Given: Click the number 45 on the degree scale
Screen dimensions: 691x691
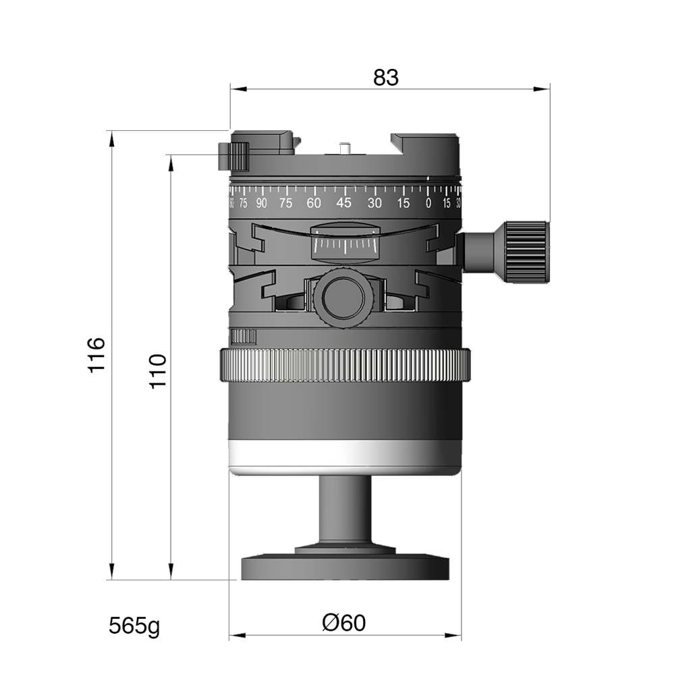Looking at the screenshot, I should pyautogui.click(x=344, y=203).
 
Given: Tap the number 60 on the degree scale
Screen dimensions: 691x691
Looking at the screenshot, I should pyautogui.click(x=313, y=203).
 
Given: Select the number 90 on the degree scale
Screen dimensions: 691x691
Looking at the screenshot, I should pyautogui.click(x=261, y=204).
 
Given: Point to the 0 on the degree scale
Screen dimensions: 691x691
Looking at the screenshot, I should pyautogui.click(x=429, y=204).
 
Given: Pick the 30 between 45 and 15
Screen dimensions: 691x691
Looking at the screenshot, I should pyautogui.click(x=375, y=203).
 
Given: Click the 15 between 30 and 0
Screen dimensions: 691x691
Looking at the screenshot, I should pyautogui.click(x=403, y=204).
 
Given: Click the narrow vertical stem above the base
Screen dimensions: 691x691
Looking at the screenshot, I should pyautogui.click(x=344, y=509).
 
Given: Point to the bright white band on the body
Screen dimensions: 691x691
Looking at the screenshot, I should pyautogui.click(x=344, y=454).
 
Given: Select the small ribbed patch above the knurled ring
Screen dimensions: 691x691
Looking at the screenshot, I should pyautogui.click(x=244, y=336).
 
